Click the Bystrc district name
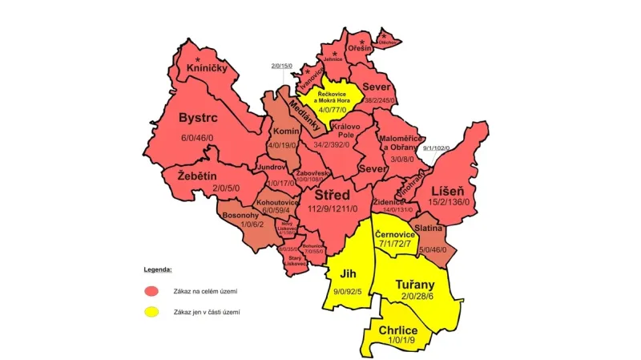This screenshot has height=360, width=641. click(x=198, y=119)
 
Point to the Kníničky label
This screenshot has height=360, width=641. click(x=207, y=69)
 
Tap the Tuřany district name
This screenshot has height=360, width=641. click(x=415, y=284)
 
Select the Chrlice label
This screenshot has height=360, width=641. click(x=398, y=330)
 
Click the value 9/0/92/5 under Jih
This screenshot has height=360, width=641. click(x=348, y=290)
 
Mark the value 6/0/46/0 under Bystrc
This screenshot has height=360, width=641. click(x=198, y=138)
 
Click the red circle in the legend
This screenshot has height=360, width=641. click(x=151, y=290)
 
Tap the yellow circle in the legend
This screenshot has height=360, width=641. click(x=151, y=312)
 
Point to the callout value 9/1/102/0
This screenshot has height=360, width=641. click(x=437, y=148)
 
